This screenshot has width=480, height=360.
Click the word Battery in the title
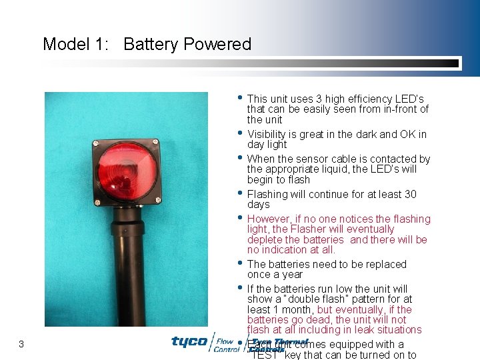pyautogui.click(x=151, y=45)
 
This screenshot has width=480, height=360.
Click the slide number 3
pyautogui.click(x=21, y=344)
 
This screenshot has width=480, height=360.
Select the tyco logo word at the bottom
pyautogui.click(x=189, y=342)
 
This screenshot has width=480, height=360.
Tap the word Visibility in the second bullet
pyautogui.click(x=267, y=135)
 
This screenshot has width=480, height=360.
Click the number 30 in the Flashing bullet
pyautogui.click(x=411, y=195)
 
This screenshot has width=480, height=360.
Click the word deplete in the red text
pyautogui.click(x=263, y=240)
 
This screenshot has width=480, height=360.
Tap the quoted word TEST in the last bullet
pyautogui.click(x=265, y=355)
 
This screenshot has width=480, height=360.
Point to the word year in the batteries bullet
pyautogui.click(x=291, y=275)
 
